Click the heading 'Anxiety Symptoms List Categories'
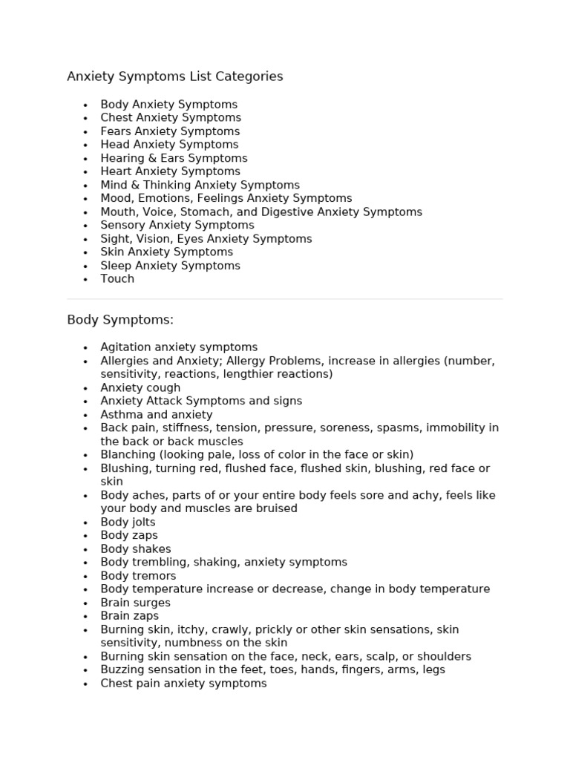(175, 76)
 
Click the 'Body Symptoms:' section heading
(120, 320)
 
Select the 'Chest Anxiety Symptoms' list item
(171, 117)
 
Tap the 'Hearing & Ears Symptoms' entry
(174, 158)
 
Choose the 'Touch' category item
(117, 279)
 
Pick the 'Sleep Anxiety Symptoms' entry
(170, 266)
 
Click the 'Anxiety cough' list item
(140, 387)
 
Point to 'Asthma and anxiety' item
(157, 414)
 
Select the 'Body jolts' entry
(128, 522)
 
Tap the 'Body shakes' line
(136, 549)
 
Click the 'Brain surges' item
(135, 603)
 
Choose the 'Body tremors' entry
(138, 576)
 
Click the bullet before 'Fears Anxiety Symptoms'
(86, 131)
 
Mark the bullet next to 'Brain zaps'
(86, 616)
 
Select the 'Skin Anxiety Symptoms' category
(166, 252)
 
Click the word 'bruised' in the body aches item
(276, 508)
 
